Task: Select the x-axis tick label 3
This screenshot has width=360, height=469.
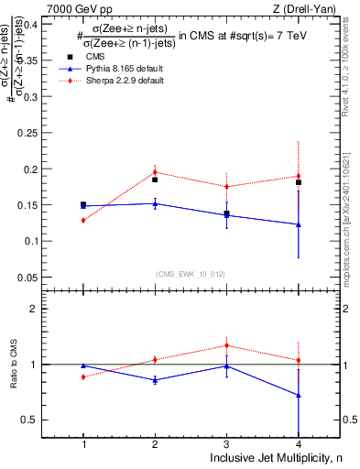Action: (226, 444)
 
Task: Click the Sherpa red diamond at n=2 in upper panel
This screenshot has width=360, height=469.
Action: (155, 172)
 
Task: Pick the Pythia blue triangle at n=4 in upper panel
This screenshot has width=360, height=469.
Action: (299, 224)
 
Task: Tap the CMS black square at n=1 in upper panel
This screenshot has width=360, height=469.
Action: (83, 205)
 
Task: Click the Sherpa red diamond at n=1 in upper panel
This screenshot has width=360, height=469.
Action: (83, 220)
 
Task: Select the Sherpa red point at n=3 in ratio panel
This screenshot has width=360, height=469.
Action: (226, 345)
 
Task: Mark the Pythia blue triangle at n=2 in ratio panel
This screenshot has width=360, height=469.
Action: (155, 379)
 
